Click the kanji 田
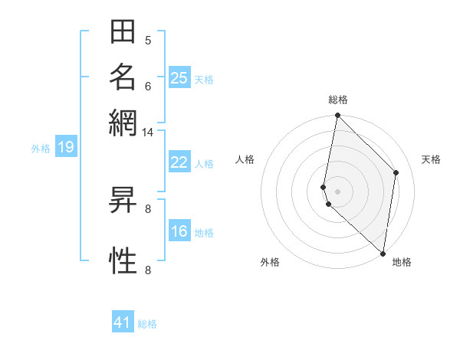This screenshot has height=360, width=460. [x=123, y=34]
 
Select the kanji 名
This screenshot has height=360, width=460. [x=123, y=77]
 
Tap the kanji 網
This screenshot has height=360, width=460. [x=123, y=120]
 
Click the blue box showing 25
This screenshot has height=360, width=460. [x=179, y=78]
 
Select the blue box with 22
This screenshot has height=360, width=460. [x=179, y=162]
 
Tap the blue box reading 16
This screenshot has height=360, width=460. [x=179, y=232]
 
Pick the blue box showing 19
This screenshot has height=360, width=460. [x=66, y=148]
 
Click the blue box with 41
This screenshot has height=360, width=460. [x=123, y=322]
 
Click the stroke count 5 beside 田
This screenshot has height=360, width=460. [x=148, y=41]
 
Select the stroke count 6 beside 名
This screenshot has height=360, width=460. [x=148, y=86]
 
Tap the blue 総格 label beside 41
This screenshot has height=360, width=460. [x=147, y=324]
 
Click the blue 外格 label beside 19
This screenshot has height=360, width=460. [x=41, y=149]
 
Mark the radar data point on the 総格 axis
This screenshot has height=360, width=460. [x=337, y=116]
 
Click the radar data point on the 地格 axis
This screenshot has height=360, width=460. [x=383, y=253]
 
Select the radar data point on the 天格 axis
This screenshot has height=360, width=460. [x=396, y=172]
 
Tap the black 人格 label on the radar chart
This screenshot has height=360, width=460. [x=245, y=159]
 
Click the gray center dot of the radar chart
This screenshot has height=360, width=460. [x=337, y=191]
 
